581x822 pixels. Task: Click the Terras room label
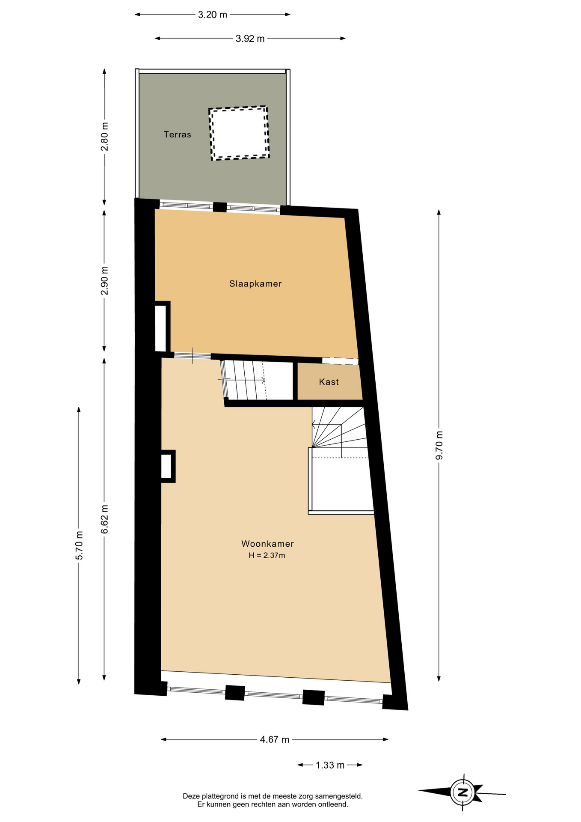tap(177, 134)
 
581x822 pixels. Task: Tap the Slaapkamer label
tap(255, 283)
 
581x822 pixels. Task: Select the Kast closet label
tap(329, 382)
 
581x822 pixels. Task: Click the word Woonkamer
tap(267, 544)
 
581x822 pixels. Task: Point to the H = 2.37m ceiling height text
tap(267, 556)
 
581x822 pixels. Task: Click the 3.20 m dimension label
tap(213, 15)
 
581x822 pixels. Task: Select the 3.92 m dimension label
tap(250, 39)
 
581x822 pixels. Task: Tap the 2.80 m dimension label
tap(104, 137)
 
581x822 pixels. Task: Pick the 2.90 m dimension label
tap(104, 280)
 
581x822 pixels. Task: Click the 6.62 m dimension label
tap(104, 519)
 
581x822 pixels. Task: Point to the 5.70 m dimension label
tap(79, 545)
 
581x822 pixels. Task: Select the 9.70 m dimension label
tap(439, 445)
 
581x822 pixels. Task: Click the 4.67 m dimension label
tap(275, 739)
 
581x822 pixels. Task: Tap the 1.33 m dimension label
tap(330, 765)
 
